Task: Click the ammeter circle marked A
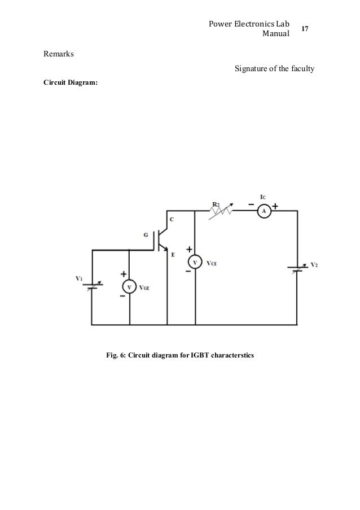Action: (x=264, y=211)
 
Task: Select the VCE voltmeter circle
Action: (x=195, y=263)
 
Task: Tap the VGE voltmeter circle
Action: (x=129, y=287)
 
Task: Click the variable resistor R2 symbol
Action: (x=221, y=211)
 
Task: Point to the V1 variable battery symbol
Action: (x=93, y=285)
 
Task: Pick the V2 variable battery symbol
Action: (x=297, y=268)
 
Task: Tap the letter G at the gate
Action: (x=146, y=234)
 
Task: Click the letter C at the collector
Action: (x=172, y=220)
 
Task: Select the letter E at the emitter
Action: (x=173, y=255)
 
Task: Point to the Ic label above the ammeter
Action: (x=263, y=197)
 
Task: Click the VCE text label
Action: (x=212, y=263)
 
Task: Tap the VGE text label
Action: (x=144, y=287)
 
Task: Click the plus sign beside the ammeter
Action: (x=275, y=206)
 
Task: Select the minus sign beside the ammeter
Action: (x=251, y=204)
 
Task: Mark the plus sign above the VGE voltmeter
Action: (x=124, y=274)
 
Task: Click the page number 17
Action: (x=305, y=29)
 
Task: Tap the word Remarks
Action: (x=59, y=54)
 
